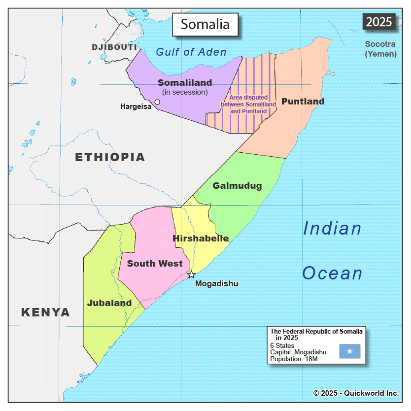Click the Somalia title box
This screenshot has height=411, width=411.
pos(205,24)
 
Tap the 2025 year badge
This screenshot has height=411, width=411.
pos(379,22)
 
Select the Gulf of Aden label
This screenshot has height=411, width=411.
pos(191,52)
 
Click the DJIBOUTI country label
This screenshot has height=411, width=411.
pos(114,47)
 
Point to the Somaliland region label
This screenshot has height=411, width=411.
pos(185,83)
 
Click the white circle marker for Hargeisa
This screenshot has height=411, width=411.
pos(157,102)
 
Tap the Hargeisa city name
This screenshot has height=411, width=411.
pos(136,106)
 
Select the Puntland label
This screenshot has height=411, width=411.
pos(303,102)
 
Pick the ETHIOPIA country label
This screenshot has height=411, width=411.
pos(110,157)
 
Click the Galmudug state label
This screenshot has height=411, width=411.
pos(237,186)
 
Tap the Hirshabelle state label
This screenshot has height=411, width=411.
pos(201,239)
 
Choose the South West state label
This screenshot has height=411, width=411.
pos(155,264)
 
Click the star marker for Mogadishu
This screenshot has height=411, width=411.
pos(191,274)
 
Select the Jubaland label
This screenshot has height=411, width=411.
pos(109,303)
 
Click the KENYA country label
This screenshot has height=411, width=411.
pos(45,312)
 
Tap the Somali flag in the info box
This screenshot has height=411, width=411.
pos(349,351)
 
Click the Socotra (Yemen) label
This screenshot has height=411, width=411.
pos(380,49)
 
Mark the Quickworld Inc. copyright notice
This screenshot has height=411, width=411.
pos(356,393)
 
